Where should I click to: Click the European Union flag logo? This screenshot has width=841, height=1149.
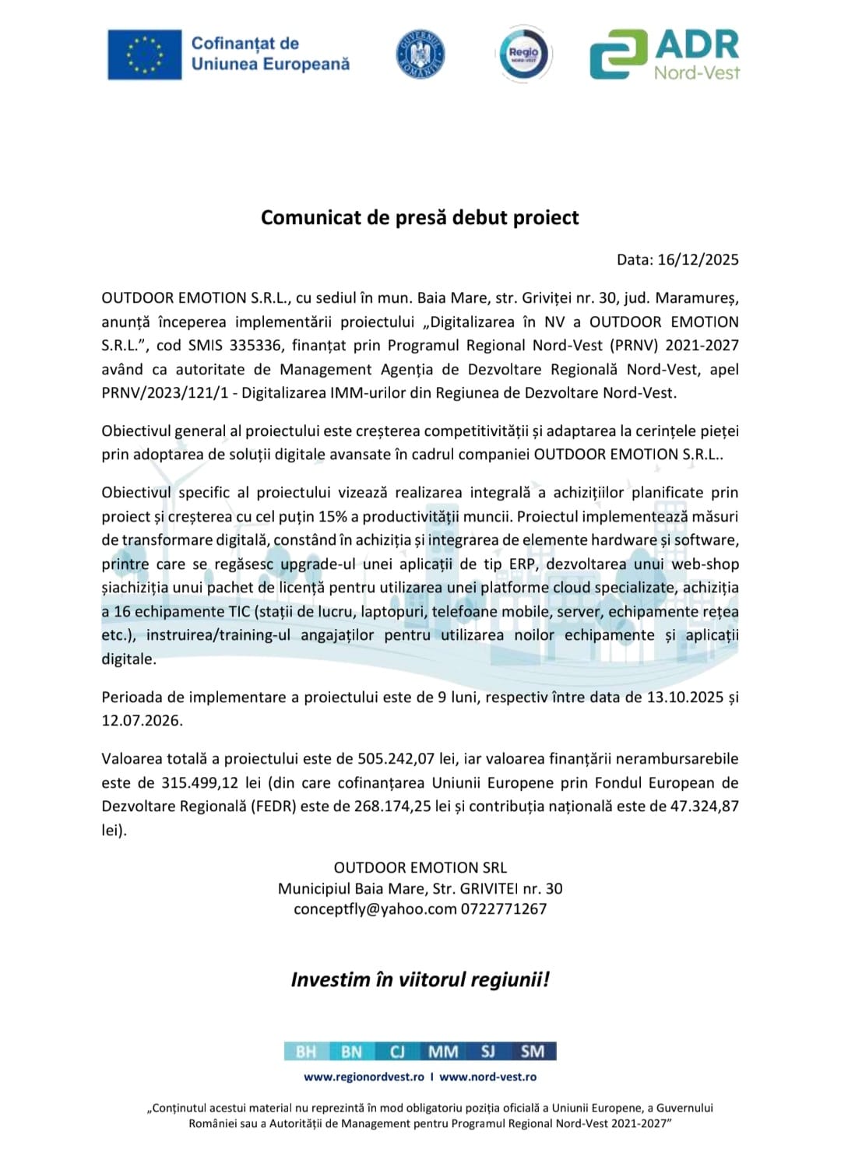[x=144, y=54]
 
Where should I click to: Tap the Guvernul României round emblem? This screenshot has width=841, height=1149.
[x=420, y=54]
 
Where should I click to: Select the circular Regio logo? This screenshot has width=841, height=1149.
[x=523, y=54]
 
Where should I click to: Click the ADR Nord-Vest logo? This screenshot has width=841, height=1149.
[x=664, y=54]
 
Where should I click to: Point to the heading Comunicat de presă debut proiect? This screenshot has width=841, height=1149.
[x=420, y=217]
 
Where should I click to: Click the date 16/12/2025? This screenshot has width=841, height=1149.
[x=698, y=260]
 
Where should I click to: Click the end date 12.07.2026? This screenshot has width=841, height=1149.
[x=142, y=721]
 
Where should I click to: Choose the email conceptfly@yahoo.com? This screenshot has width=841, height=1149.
[x=375, y=909]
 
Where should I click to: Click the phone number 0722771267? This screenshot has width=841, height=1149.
[x=504, y=909]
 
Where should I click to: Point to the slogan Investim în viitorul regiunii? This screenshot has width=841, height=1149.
[x=420, y=979]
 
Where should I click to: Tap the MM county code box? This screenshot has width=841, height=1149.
[x=443, y=1052]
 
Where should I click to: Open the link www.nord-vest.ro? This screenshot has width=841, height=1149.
[x=487, y=1077]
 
